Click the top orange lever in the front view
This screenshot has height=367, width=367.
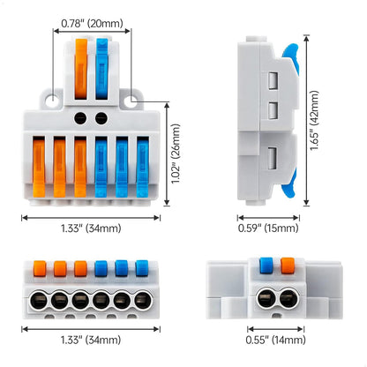[x=82, y=66]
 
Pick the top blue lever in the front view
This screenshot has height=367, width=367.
[x=102, y=66]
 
